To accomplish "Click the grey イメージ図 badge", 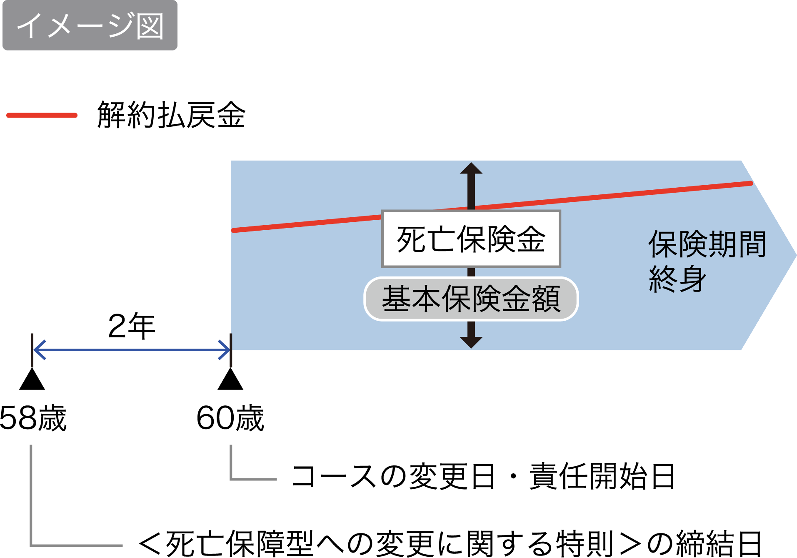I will click(90, 25).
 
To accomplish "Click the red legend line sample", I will click(42, 115).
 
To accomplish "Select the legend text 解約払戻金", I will click(171, 115).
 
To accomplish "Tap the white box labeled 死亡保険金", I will click(471, 239).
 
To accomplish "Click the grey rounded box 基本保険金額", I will click(471, 299).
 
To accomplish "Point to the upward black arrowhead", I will click(471, 168).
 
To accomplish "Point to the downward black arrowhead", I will click(471, 342).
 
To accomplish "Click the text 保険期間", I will click(707, 244).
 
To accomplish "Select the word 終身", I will click(677, 279).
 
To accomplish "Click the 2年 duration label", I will click(131, 326).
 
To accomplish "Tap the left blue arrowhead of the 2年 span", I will click(39, 349).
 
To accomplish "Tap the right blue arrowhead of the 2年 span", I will click(225, 349).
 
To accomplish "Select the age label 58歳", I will click(33, 418).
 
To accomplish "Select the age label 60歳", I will click(230, 418).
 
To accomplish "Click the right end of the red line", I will click(750, 183).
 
